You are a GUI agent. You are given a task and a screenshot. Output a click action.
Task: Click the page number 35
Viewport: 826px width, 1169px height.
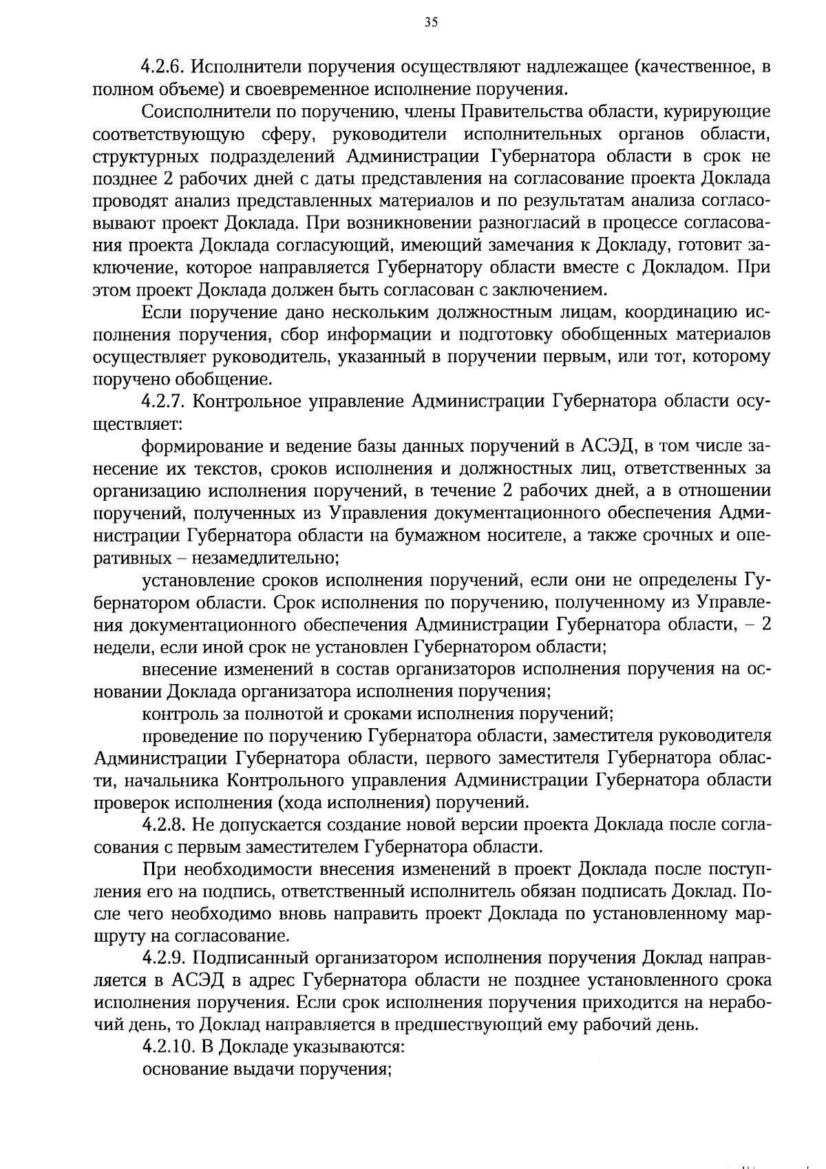coord(431,23)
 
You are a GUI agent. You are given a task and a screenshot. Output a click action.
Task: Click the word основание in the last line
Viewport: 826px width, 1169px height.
coord(182,1069)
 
